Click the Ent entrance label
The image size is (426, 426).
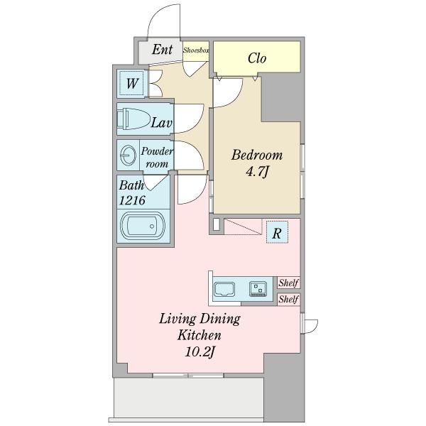pos(162,50)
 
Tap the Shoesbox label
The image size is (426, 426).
pos(196,50)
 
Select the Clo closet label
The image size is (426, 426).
pos(257,58)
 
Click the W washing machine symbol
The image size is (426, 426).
pos(132,83)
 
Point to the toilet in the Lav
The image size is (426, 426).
pos(133,119)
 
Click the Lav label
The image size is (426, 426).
pos(162,123)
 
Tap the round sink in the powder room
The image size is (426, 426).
pos(128,155)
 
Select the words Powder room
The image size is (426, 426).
pos(157,158)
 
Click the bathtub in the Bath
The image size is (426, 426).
pos(143,226)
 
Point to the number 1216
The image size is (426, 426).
pos(132,200)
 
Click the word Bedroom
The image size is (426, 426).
pos(257,155)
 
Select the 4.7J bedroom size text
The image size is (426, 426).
pos(257,172)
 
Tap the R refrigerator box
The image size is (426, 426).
pos(277,232)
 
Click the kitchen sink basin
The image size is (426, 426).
pos(224,290)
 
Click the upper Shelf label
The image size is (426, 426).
pos(289,283)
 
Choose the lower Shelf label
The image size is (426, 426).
pos(289,299)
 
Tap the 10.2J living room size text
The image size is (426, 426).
pos(200,352)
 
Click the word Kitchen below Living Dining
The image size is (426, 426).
pos(200,335)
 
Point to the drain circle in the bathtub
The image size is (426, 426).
pos(152,226)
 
